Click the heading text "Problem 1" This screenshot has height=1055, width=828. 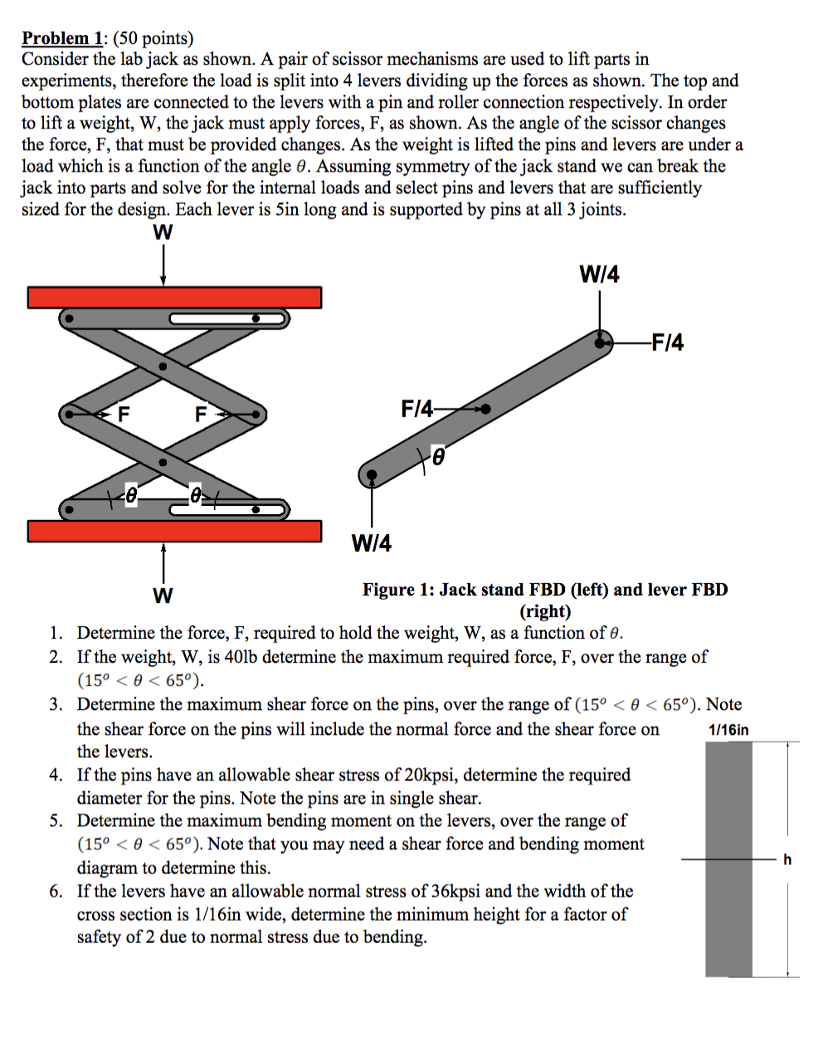[x=63, y=38]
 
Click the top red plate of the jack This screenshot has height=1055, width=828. [x=174, y=297]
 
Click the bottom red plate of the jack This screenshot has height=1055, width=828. [x=174, y=531]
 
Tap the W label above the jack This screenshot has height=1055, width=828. [x=163, y=233]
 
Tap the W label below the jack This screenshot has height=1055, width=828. [x=163, y=596]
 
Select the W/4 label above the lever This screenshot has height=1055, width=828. [x=599, y=275]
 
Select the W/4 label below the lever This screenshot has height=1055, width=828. [x=371, y=544]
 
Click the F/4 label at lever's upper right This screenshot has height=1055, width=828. [x=667, y=342]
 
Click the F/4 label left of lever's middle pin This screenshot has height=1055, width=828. [x=416, y=408]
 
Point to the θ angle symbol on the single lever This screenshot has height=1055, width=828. [x=437, y=457]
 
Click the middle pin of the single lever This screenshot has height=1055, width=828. [x=485, y=408]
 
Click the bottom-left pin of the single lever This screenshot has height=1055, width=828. [x=372, y=474]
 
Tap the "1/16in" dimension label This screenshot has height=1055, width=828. [x=728, y=730]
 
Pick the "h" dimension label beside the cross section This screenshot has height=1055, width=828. [x=787, y=860]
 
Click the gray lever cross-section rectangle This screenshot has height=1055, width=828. [x=728, y=858]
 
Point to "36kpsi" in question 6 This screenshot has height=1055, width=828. [x=455, y=892]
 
